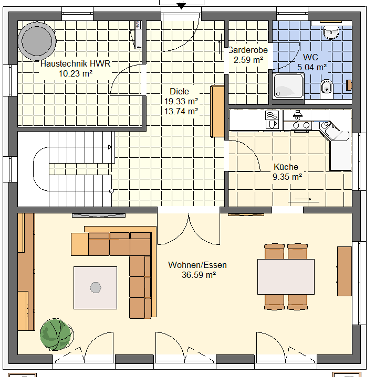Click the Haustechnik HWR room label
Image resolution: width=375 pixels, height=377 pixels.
tap(76, 64)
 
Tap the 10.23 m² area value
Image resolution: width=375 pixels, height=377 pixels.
tap(76, 73)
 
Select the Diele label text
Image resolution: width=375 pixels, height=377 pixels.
tap(180, 91)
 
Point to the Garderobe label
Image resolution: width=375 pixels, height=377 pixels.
tap(248, 50)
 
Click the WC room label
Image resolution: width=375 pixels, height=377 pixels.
tap(310, 57)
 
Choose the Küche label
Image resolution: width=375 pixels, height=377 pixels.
tap(286, 167)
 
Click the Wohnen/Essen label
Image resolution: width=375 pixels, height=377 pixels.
tap(197, 265)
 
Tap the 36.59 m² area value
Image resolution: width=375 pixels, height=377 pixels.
tap(199, 275)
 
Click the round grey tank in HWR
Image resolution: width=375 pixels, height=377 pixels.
tap(37, 41)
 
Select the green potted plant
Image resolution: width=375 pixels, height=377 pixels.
tap(57, 334)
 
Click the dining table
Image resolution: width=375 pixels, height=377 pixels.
tap(286, 277)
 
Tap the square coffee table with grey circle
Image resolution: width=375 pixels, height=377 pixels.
tap(96, 288)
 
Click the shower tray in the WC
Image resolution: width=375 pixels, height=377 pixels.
tap(288, 86)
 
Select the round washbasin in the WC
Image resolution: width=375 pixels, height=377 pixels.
tap(331, 32)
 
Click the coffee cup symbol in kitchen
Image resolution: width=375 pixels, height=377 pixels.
tap(272, 124)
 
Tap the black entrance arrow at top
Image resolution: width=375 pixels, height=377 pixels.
tap(181, 6)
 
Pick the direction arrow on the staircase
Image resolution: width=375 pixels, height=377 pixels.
tap(110, 147)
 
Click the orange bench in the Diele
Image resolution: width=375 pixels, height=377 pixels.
tap(217, 111)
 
